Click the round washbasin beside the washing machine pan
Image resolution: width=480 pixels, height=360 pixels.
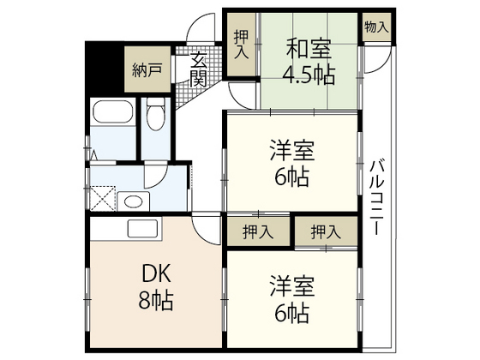(132, 202)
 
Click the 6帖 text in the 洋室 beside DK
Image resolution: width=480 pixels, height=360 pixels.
(291, 312)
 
